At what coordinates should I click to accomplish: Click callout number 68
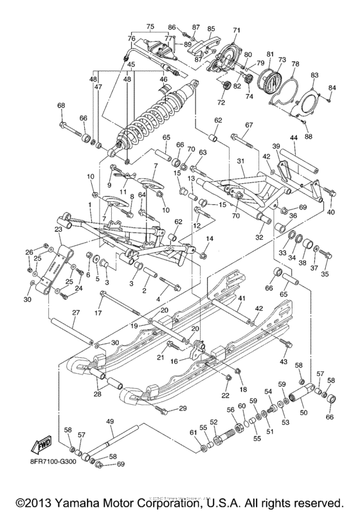pos(62,105)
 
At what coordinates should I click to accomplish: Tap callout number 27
pos(75,313)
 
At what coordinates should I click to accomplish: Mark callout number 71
pos(236,30)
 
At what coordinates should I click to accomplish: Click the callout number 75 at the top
pos(150,26)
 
